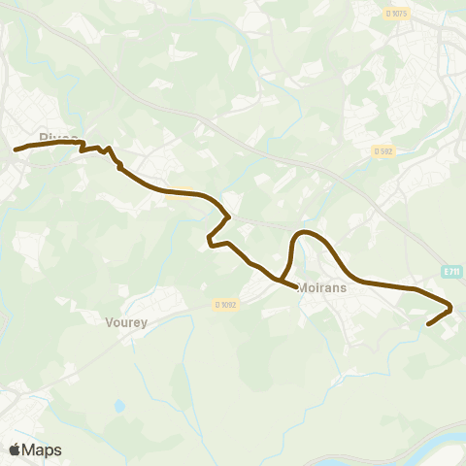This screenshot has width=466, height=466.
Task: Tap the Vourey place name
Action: [126, 322]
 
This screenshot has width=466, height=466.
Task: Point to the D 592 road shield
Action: [383, 150]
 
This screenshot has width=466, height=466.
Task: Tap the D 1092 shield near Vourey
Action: [226, 305]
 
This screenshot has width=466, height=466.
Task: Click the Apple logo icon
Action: [15, 449]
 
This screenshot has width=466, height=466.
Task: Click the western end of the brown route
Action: [16, 150]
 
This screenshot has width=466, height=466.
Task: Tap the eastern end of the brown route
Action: [428, 325]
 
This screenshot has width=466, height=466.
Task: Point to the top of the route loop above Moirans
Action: [305, 232]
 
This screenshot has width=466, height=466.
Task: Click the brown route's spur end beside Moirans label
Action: [295, 286]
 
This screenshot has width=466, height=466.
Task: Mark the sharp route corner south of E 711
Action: [451, 310]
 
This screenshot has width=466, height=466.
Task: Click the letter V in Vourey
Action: [109, 322]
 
